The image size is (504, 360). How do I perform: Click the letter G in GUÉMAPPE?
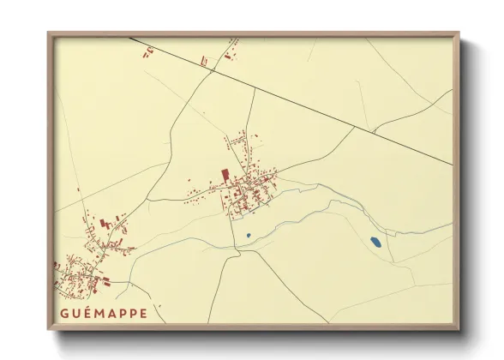click(65, 313)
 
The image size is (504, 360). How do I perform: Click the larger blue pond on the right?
click(375, 243)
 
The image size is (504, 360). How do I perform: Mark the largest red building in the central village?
click(225, 174)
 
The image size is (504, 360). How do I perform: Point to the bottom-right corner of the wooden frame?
click(460, 331)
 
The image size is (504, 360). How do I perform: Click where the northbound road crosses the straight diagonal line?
click(255, 87)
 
